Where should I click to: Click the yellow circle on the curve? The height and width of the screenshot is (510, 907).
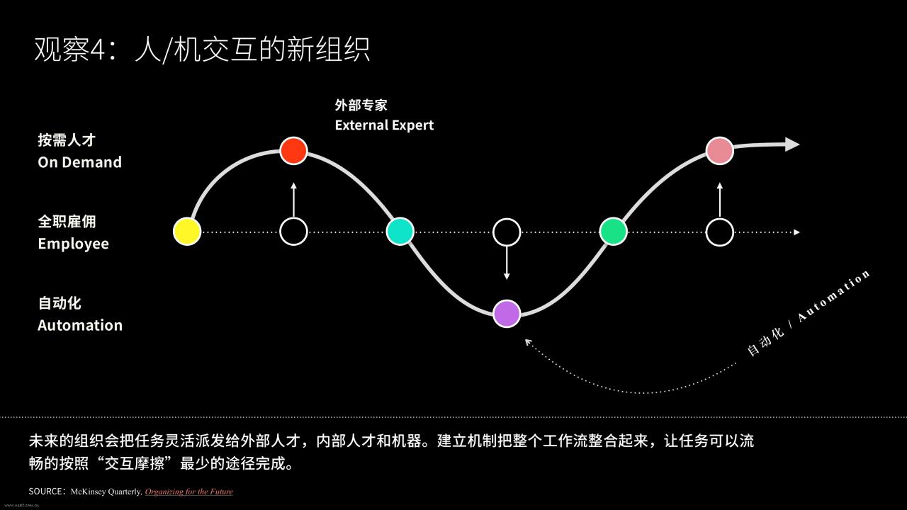click(187, 232)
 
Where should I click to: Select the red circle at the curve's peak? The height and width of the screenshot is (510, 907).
click(293, 151)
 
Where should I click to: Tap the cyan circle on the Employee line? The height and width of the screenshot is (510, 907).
click(400, 232)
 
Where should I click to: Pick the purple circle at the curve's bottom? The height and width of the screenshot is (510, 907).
click(507, 314)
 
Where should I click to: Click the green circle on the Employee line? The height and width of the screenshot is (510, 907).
click(613, 232)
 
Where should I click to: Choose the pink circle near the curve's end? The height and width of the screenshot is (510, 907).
click(719, 151)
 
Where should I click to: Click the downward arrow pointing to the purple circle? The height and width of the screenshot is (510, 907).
click(507, 263)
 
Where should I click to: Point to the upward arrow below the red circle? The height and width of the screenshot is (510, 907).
click(293, 200)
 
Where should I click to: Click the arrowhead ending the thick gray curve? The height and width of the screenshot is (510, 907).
click(792, 144)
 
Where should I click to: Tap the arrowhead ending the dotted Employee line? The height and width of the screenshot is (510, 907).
click(797, 232)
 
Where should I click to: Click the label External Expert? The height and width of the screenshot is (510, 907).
click(384, 125)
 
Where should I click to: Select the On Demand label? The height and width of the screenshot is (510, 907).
click(80, 162)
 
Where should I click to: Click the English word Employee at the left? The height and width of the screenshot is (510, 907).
click(73, 244)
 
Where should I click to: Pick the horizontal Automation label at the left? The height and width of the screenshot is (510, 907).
click(80, 325)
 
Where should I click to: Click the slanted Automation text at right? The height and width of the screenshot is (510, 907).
click(834, 296)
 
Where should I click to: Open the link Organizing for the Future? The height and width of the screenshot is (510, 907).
click(189, 492)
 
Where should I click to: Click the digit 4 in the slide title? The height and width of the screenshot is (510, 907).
click(97, 50)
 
